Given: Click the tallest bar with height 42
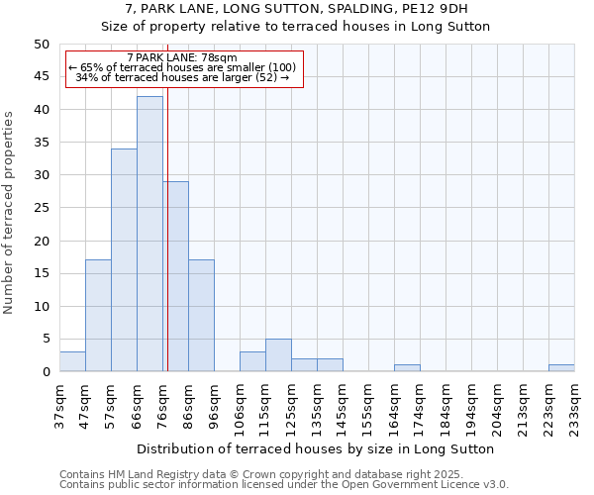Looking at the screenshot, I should pyautogui.click(x=149, y=234).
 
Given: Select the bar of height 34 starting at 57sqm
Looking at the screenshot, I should pyautogui.click(x=124, y=259).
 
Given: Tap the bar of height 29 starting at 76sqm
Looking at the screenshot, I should pyautogui.click(x=175, y=276).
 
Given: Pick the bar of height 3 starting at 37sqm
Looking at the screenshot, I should pyautogui.click(x=72, y=361).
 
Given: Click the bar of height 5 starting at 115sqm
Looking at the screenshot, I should pyautogui.click(x=278, y=355).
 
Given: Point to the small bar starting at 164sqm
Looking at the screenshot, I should pyautogui.click(x=407, y=368).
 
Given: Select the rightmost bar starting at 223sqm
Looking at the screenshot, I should pyautogui.click(x=561, y=368).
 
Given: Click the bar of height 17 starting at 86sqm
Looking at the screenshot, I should pyautogui.click(x=201, y=316).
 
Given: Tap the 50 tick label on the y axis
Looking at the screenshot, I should pyautogui.click(x=42, y=45).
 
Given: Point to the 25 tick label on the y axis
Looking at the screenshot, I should pyautogui.click(x=42, y=208).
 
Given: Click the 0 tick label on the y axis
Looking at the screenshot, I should pyautogui.click(x=46, y=372).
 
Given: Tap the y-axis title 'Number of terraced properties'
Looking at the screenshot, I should pyautogui.click(x=10, y=213).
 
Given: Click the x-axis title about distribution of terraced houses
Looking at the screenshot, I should pyautogui.click(x=317, y=448).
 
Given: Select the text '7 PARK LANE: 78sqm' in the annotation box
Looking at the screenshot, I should pyautogui.click(x=182, y=58).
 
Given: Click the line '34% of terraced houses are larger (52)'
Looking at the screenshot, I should pyautogui.click(x=182, y=77).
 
